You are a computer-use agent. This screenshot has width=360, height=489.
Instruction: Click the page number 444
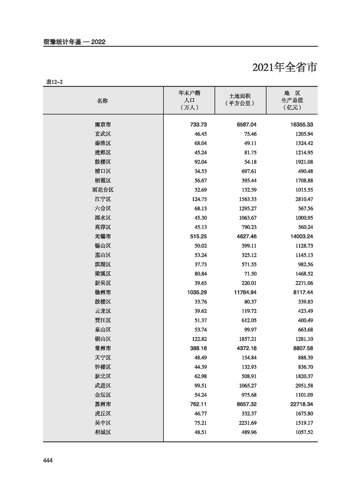[48, 460]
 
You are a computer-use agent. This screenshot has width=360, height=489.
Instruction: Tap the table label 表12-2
[54, 82]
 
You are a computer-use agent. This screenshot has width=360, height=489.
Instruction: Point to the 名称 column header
[103, 101]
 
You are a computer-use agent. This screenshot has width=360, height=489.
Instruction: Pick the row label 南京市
[103, 124]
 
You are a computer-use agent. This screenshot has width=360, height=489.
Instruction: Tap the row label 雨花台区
[103, 190]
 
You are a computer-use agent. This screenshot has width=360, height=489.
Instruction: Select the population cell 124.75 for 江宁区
[198, 199]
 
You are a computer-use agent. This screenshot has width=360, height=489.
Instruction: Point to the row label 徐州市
[103, 292]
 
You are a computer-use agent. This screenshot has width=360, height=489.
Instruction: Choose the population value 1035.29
[196, 292]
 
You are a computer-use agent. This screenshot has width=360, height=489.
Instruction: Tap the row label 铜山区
[103, 339]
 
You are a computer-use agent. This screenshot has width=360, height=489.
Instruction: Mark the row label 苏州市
[103, 404]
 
